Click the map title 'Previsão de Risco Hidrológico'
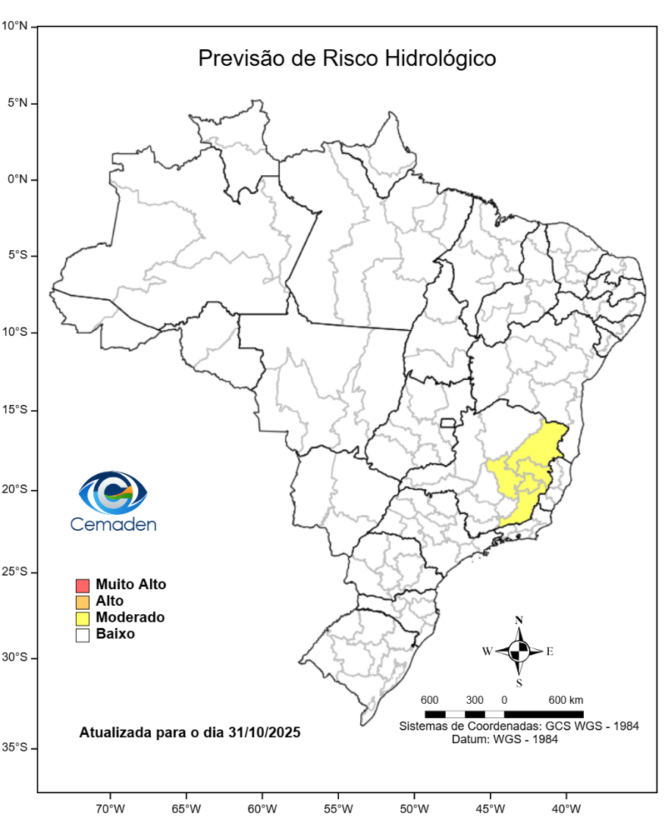pyautogui.click(x=347, y=58)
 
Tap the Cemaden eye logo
pyautogui.click(x=113, y=492)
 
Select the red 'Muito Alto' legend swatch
pyautogui.click(x=83, y=585)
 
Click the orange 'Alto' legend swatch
pyautogui.click(x=83, y=602)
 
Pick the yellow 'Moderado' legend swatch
pyautogui.click(x=83, y=619)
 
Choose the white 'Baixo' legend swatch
pyautogui.click(x=83, y=635)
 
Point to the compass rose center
pyautogui.click(x=519, y=651)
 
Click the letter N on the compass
pyautogui.click(x=519, y=620)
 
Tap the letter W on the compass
pyautogui.click(x=487, y=651)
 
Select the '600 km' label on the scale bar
pyautogui.click(x=566, y=699)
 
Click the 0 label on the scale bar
pyautogui.click(x=504, y=699)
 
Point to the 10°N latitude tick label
pyautogui.click(x=14, y=26)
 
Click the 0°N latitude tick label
pyautogui.click(x=17, y=179)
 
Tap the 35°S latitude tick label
pyautogui.click(x=14, y=748)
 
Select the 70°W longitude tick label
pyautogui.click(x=109, y=807)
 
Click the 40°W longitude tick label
pyautogui.click(x=566, y=807)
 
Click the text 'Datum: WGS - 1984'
pyautogui.click(x=504, y=739)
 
